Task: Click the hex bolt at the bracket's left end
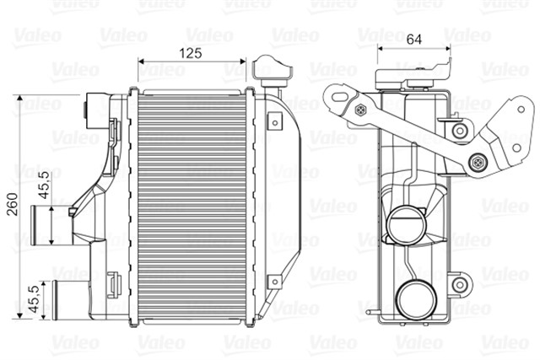tap(362, 110)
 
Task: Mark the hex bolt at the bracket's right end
tap(478, 160)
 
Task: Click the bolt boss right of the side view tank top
tap(459, 130)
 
